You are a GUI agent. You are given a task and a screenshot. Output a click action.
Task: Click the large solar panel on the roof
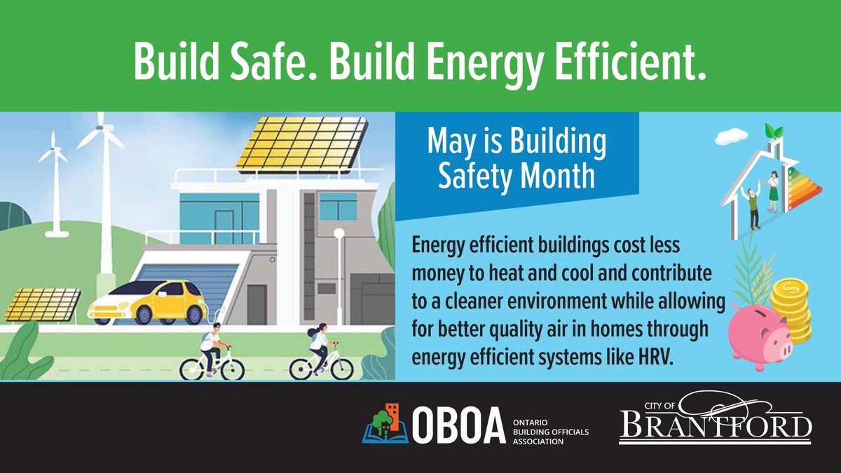(302, 144)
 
